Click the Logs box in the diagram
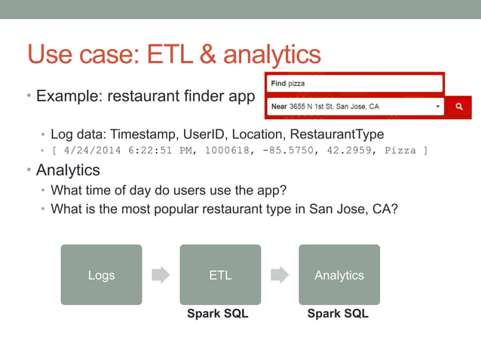[101, 275]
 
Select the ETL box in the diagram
[220, 275]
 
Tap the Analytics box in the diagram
[339, 275]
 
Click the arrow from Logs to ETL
[161, 275]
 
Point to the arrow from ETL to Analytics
[280, 275]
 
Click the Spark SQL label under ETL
[218, 313]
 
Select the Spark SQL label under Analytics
[338, 313]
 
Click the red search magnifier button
[458, 107]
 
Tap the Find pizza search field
[355, 84]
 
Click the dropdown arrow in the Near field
[438, 107]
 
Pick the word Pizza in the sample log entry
[400, 151]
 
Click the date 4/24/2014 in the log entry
[87, 151]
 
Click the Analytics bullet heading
[68, 170]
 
